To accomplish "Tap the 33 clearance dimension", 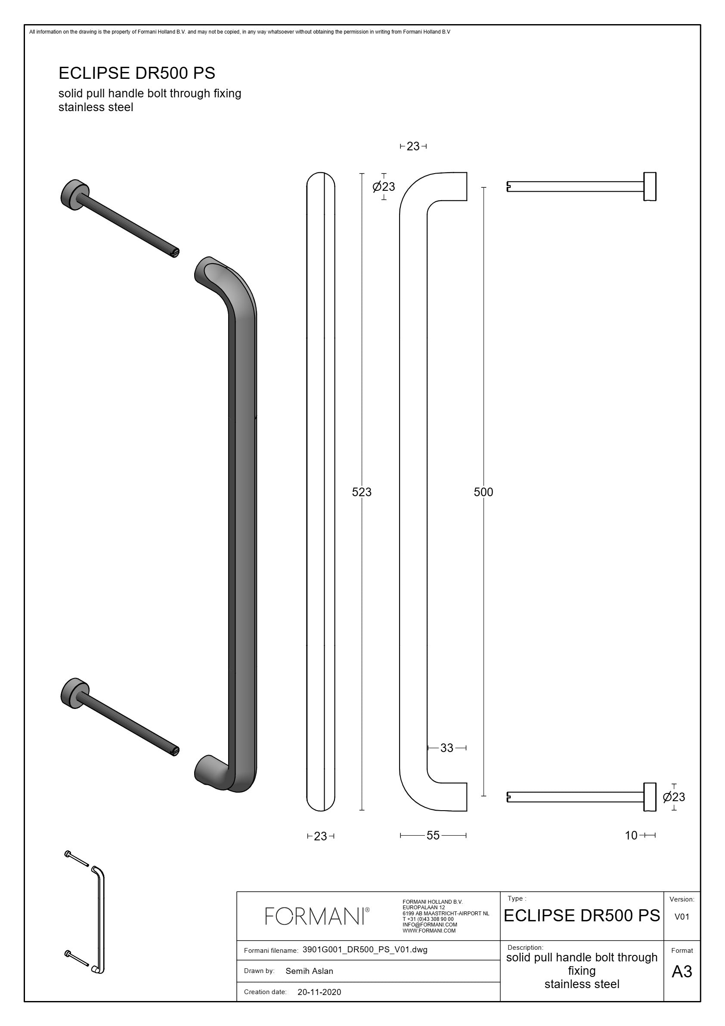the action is (x=447, y=748).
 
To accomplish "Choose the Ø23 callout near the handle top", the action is (x=384, y=187).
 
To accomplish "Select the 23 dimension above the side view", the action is (x=413, y=146).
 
